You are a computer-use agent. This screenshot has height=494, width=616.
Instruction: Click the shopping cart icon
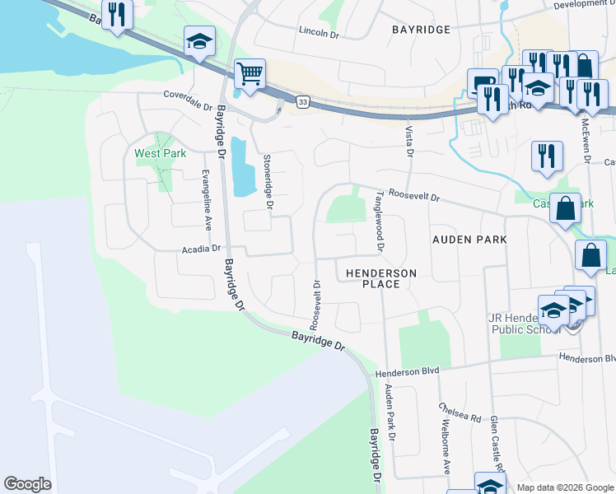(x=249, y=73)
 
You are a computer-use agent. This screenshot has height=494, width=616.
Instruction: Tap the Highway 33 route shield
(x=304, y=101)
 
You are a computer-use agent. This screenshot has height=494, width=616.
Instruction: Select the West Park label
(x=160, y=153)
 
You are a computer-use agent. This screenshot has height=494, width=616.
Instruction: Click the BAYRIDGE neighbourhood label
(x=421, y=30)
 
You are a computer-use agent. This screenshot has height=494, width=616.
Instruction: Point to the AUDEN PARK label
(x=469, y=239)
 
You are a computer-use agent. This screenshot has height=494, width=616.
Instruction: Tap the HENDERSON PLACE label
(x=380, y=278)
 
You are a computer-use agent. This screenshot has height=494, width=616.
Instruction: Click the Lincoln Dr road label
(x=319, y=33)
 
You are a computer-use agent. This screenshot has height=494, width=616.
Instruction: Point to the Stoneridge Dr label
(x=267, y=180)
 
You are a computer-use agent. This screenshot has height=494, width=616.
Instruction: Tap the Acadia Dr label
(x=202, y=248)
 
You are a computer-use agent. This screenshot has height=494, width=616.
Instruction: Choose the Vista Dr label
(x=408, y=141)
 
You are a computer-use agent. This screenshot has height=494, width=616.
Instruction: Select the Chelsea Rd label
(x=460, y=412)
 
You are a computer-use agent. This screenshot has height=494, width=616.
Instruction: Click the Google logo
(x=27, y=484)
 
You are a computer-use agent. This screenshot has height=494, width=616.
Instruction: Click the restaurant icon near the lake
(x=116, y=15)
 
